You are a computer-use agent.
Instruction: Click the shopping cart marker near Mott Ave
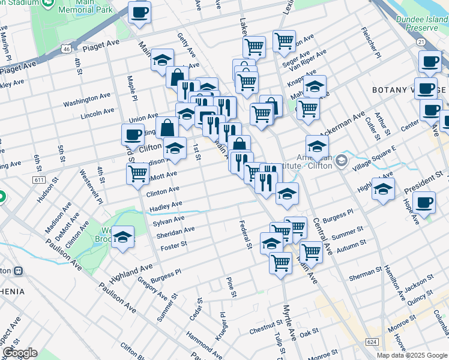[x=138, y=174]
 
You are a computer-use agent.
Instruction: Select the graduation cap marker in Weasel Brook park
[x=123, y=238]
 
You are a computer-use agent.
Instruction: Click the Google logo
[x=20, y=353]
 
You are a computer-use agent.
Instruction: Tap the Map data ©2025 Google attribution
[x=411, y=355]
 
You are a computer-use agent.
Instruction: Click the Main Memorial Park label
[x=86, y=7]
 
